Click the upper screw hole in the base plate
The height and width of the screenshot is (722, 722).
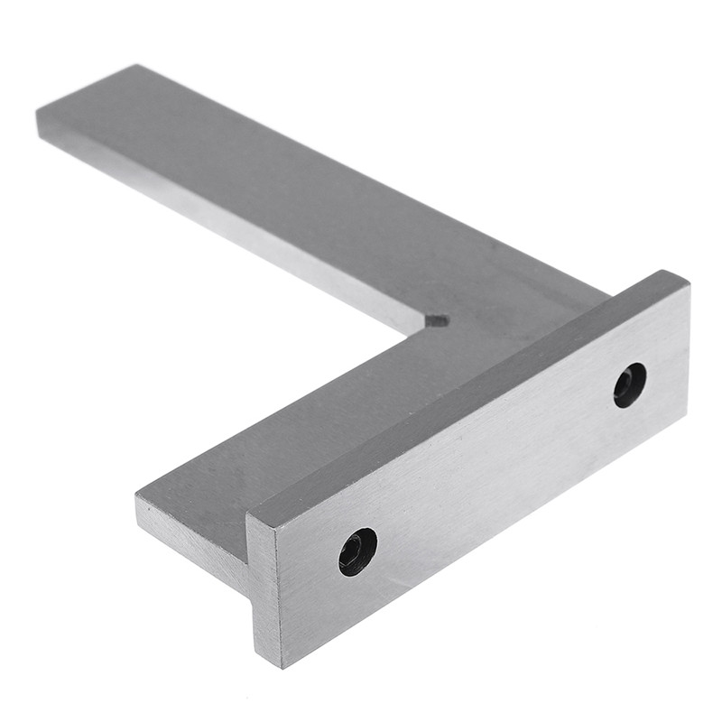[x=629, y=384]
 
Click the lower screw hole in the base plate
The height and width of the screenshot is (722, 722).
[x=357, y=551]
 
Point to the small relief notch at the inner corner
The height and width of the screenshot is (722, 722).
[x=437, y=319]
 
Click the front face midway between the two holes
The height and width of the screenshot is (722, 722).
[x=492, y=469]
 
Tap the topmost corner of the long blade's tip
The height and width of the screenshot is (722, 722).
[x=137, y=65]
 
